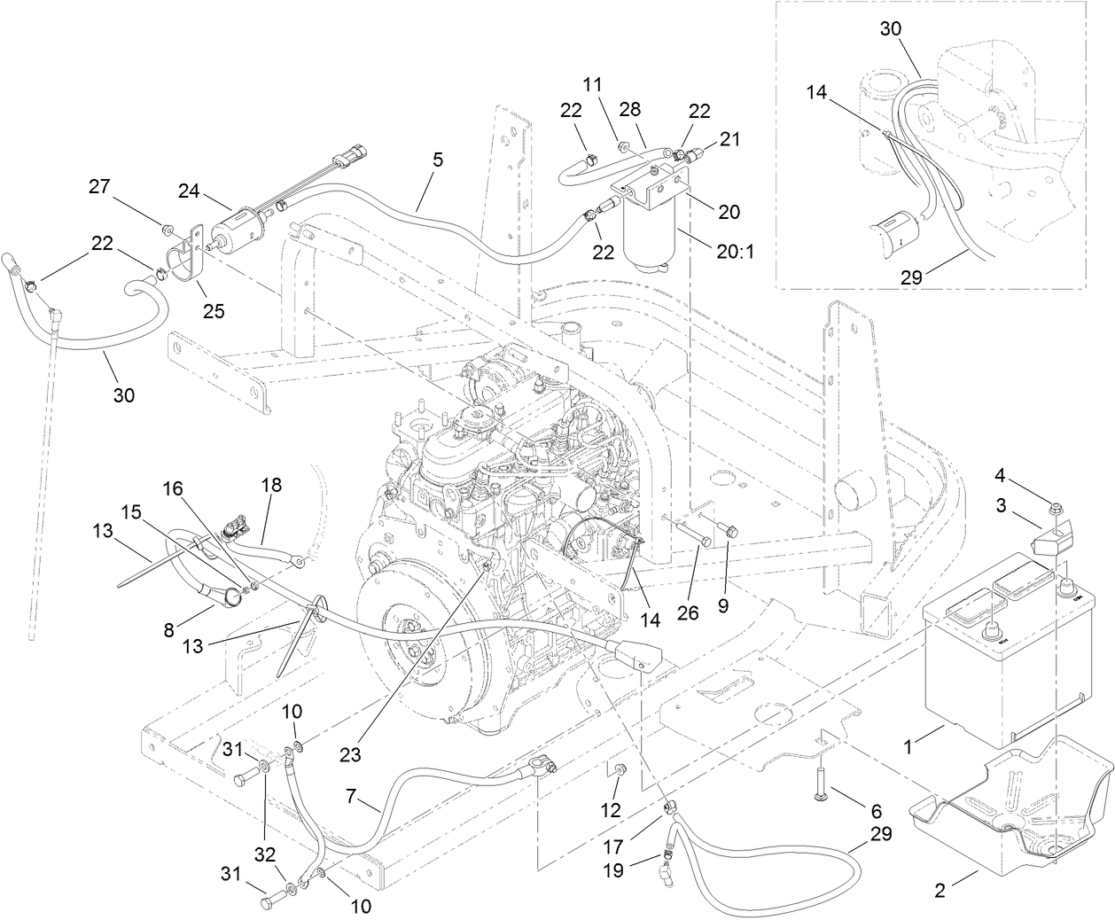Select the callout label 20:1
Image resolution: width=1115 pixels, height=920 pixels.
click(x=735, y=252)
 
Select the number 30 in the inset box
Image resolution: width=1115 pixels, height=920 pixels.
click(x=891, y=28)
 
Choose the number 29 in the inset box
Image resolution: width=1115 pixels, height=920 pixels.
click(x=912, y=277)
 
